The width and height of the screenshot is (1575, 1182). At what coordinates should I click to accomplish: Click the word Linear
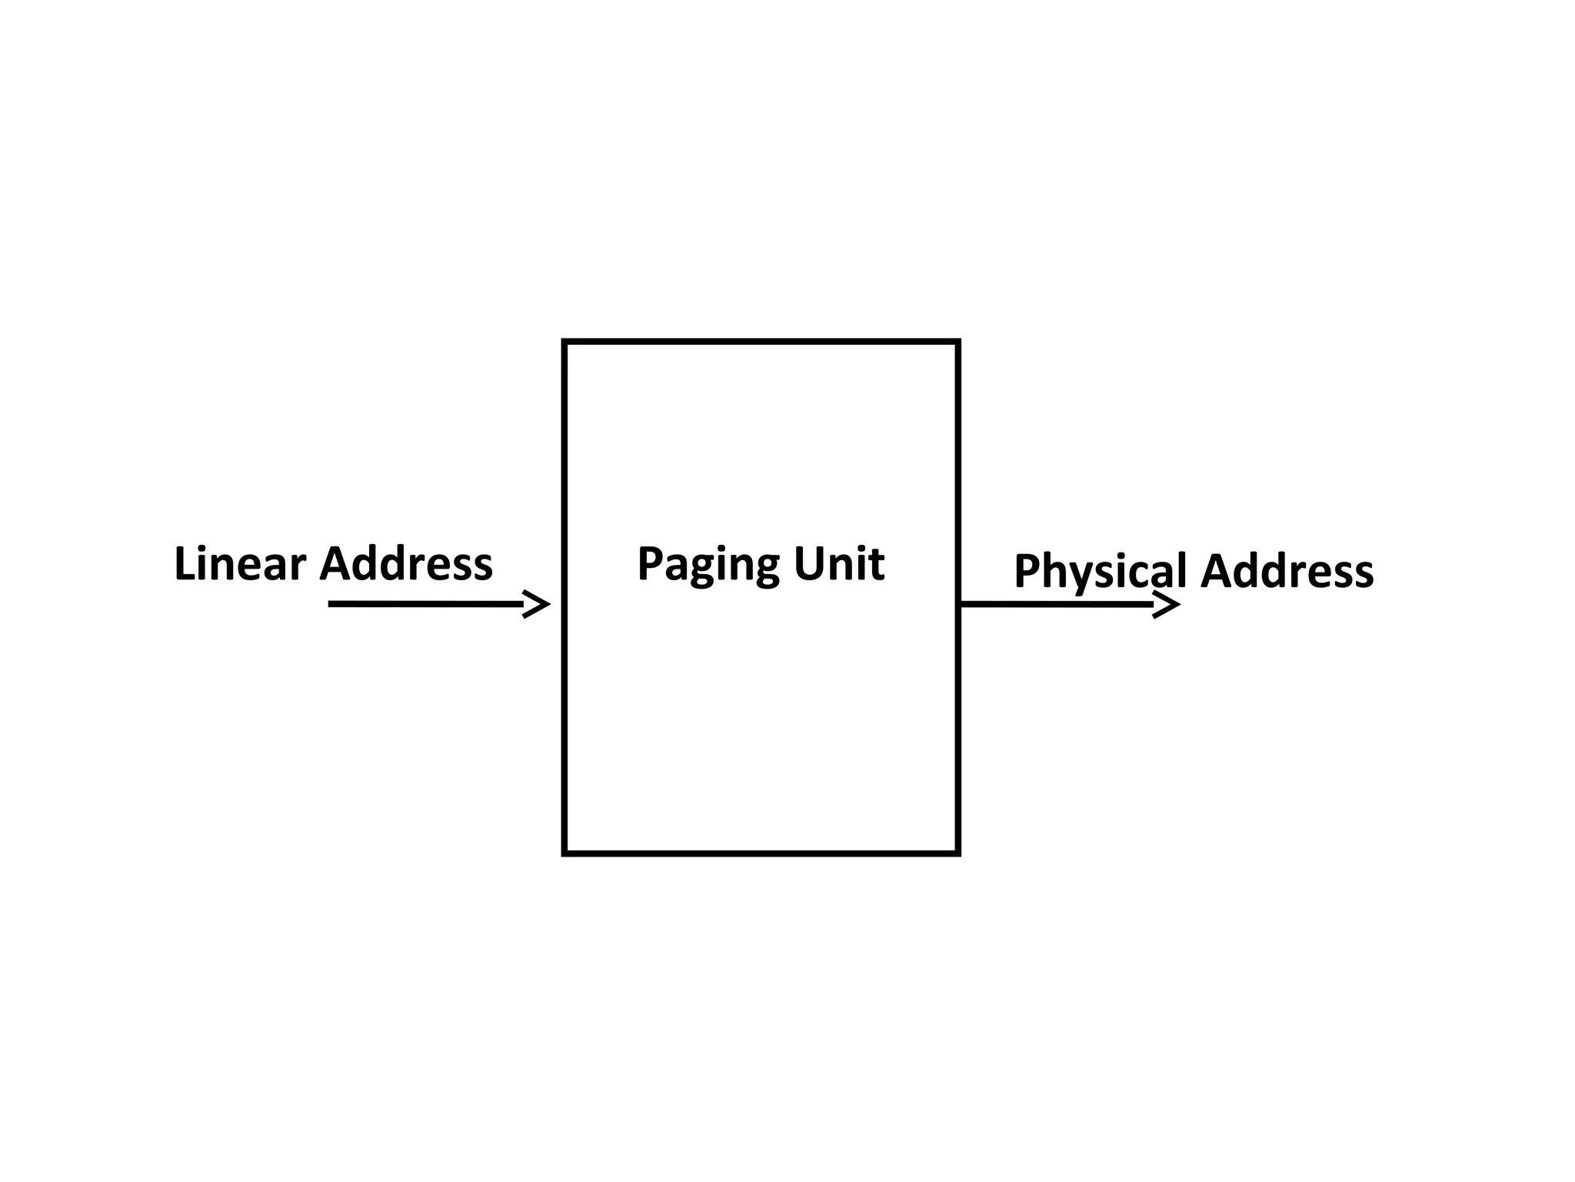click(x=240, y=564)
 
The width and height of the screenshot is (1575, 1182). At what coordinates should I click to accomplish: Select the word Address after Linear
click(x=406, y=564)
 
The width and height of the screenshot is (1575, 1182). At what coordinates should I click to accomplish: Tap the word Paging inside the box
click(x=708, y=564)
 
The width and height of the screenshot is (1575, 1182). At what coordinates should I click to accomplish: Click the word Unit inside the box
click(x=839, y=564)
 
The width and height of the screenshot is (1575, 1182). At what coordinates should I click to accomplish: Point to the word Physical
click(x=1101, y=572)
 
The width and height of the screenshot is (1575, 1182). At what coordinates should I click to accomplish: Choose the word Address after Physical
click(x=1287, y=572)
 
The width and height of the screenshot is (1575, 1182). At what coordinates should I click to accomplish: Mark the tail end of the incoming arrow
click(x=331, y=604)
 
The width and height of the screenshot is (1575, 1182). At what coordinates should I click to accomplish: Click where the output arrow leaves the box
click(x=963, y=605)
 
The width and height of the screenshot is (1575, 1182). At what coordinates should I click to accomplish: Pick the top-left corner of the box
click(x=564, y=341)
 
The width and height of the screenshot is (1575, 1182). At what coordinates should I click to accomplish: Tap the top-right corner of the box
click(x=958, y=341)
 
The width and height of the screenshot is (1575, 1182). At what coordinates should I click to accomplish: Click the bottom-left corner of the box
click(x=564, y=853)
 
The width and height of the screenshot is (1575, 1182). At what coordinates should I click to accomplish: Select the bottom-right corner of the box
click(x=958, y=853)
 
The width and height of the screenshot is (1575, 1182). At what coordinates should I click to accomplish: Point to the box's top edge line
click(x=761, y=341)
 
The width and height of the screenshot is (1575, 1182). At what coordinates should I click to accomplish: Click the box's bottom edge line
click(x=761, y=853)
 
